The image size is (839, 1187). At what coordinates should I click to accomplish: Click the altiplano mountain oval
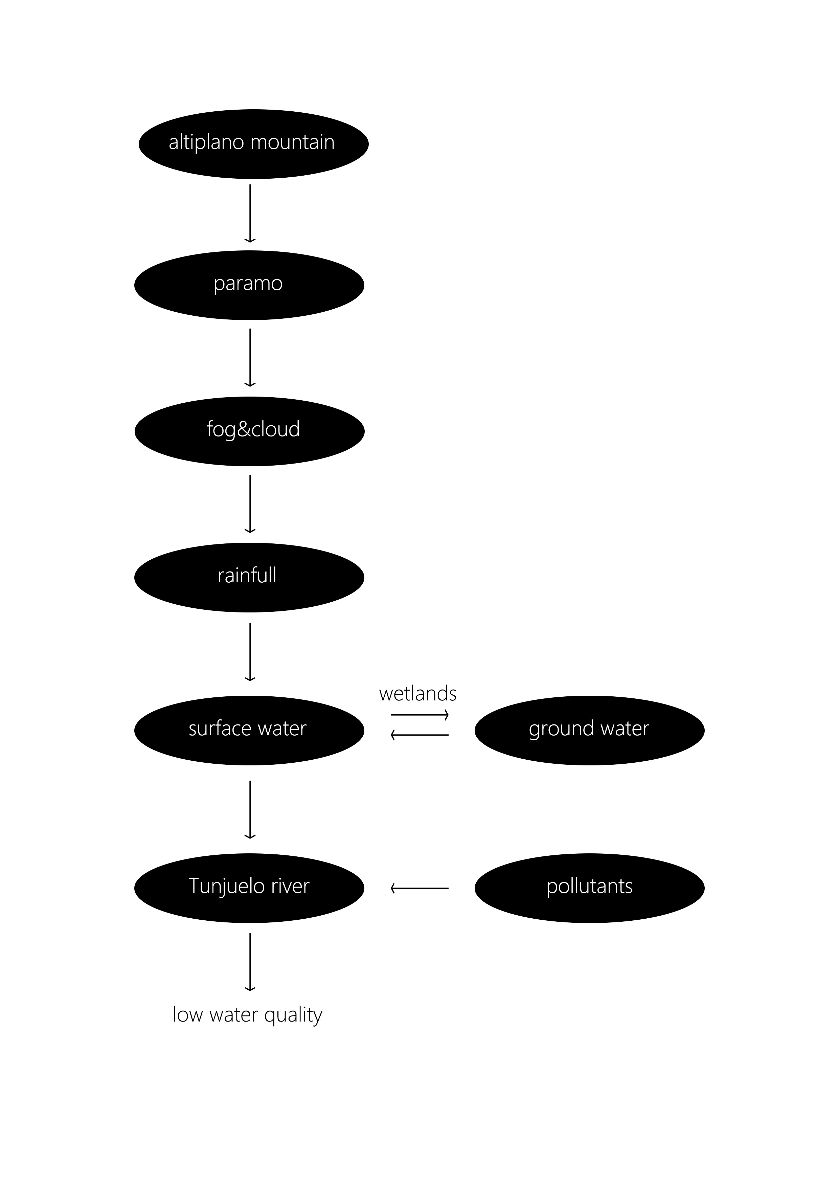point(253,144)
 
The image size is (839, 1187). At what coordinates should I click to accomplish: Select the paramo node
point(249,285)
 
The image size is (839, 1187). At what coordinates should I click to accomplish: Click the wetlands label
point(418,694)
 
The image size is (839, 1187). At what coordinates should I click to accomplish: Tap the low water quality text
point(248,1014)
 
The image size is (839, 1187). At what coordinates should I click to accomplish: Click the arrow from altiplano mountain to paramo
point(250,213)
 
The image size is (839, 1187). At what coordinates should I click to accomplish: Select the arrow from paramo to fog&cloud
point(250,357)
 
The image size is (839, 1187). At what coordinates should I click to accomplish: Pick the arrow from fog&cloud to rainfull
point(250,503)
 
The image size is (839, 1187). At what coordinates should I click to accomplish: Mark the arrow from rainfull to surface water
point(250,651)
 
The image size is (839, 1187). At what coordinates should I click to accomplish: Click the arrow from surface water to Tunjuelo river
point(250,809)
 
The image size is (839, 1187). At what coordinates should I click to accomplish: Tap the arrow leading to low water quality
point(250,962)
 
